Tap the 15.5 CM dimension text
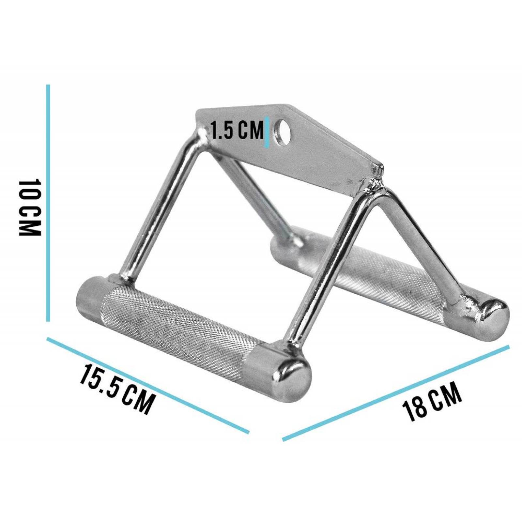(116, 388)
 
